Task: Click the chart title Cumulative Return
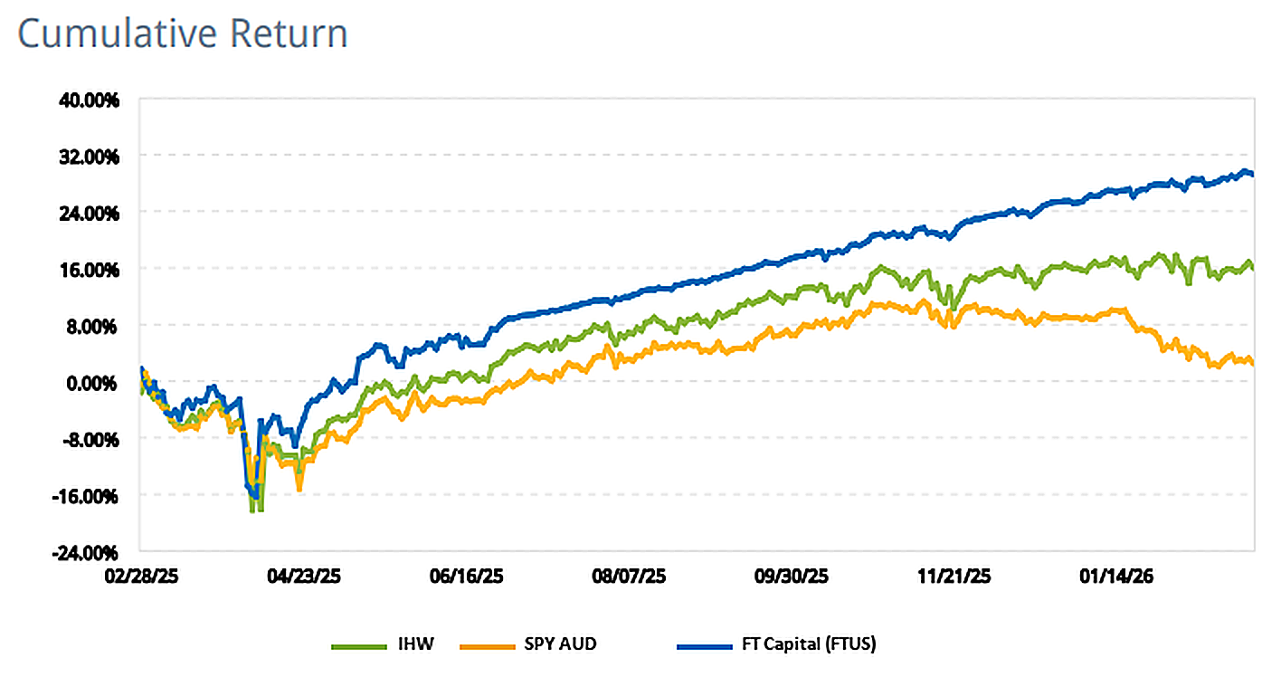183,34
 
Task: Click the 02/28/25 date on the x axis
140,576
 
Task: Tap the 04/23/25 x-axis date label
301,576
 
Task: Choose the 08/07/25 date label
629,576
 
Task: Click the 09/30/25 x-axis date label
790,576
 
